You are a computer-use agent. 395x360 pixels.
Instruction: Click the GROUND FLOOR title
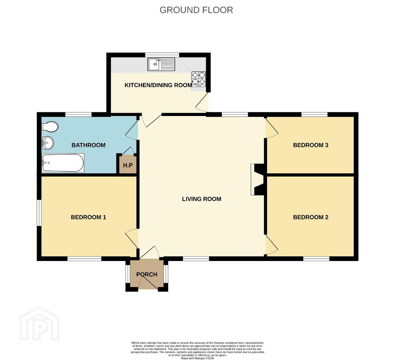[196, 10]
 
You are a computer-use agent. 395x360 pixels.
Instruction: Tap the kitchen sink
[161, 64]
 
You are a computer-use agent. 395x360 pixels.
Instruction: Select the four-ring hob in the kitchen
[198, 79]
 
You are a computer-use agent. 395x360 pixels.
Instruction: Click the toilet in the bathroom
[50, 127]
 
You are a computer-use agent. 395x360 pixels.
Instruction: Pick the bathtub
[63, 163]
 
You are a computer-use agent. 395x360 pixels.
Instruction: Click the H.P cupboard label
[128, 165]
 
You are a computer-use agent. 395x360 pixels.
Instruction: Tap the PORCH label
[147, 274]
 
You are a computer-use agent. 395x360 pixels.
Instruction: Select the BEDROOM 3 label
[311, 145]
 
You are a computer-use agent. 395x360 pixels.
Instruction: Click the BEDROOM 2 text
[311, 217]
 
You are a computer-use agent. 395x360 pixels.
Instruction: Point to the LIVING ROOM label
[201, 199]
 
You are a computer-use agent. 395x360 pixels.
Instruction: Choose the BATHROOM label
[88, 145]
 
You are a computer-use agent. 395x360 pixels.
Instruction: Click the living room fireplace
[257, 179]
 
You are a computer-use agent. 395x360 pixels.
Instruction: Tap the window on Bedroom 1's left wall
[39, 213]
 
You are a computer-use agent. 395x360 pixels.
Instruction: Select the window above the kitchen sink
[162, 55]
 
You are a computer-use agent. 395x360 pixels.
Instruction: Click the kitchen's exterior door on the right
[202, 102]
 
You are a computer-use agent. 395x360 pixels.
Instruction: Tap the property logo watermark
[40, 323]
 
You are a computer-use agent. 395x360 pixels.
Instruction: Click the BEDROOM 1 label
[88, 217]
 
